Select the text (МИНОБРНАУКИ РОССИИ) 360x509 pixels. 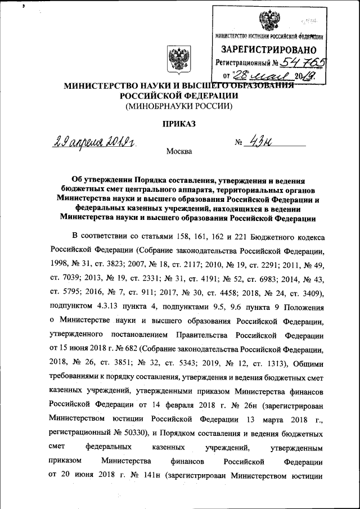179,105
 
